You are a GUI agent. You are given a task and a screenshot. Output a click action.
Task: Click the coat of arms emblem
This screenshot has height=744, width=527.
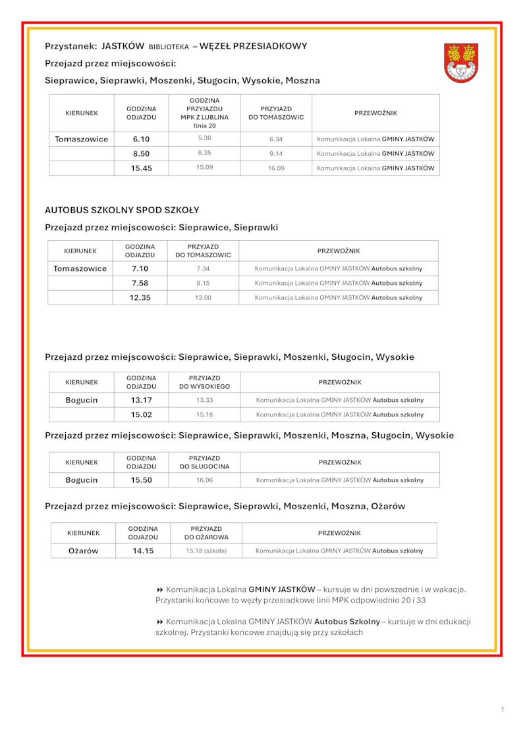click(x=461, y=63)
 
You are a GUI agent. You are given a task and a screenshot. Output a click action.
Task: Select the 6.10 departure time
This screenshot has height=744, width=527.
click(x=142, y=139)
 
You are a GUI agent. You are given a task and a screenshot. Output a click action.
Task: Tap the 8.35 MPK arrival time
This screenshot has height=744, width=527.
click(x=204, y=153)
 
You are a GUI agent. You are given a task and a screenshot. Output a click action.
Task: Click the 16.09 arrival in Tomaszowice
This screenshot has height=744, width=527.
click(x=276, y=168)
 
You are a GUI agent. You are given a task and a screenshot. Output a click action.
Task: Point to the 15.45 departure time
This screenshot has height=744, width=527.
click(x=142, y=168)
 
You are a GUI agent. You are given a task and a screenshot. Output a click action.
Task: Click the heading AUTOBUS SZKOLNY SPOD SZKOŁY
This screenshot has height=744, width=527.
click(x=122, y=211)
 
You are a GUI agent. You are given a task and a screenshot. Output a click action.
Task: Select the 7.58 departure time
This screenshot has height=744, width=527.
click(x=140, y=283)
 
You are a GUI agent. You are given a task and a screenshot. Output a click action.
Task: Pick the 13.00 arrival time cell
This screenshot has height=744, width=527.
click(x=203, y=297)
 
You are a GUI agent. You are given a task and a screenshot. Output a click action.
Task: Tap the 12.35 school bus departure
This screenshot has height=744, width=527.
click(x=140, y=297)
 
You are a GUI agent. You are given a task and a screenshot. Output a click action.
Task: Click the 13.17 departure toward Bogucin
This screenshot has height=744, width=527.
click(x=142, y=400)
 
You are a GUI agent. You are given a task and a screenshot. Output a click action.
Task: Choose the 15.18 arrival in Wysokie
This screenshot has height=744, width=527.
click(x=204, y=414)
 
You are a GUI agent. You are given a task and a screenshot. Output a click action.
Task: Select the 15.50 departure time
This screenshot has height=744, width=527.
click(x=142, y=480)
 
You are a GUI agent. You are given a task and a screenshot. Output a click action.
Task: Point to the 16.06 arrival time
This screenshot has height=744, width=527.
click(x=204, y=480)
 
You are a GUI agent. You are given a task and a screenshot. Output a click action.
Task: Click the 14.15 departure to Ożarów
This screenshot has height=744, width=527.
click(x=143, y=551)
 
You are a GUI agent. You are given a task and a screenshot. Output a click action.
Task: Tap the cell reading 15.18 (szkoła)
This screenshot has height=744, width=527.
click(x=206, y=551)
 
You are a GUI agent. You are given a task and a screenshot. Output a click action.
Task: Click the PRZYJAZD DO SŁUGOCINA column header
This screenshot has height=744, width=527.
click(x=204, y=462)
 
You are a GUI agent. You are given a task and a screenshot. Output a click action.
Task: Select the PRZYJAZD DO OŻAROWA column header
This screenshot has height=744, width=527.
click(x=206, y=533)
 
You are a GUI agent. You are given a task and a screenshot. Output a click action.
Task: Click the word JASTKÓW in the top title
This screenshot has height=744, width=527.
click(x=123, y=46)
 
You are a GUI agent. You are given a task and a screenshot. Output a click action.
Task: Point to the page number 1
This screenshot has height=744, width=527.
click(x=502, y=709)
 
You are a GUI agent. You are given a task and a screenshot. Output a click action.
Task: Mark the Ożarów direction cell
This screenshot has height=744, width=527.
click(x=84, y=551)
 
